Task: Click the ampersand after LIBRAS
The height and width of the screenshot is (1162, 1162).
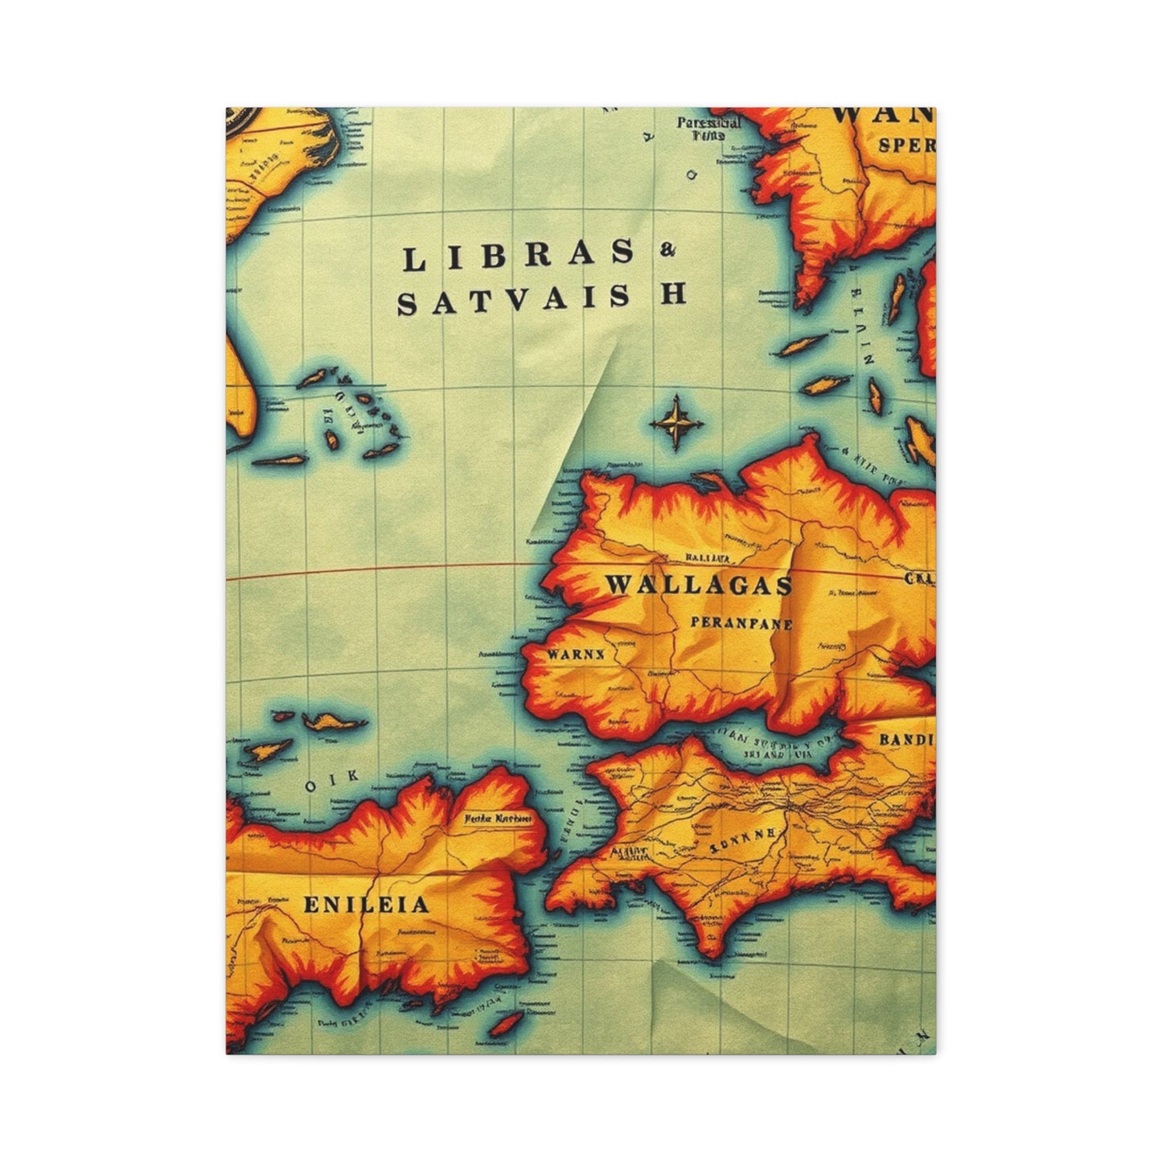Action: [667, 252]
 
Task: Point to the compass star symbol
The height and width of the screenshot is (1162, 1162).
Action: [677, 421]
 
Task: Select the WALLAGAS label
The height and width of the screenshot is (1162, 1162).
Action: [698, 585]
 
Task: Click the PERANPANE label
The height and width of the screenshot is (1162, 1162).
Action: [741, 623]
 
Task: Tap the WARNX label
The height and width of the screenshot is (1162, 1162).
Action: [575, 654]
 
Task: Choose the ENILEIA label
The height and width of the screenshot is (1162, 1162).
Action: [366, 905]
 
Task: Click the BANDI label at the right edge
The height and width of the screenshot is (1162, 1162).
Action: [907, 739]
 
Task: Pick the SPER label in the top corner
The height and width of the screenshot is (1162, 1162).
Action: [906, 146]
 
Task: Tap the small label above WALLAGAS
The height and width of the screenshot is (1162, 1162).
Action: [708, 556]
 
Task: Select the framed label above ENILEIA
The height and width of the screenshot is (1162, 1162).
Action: [499, 819]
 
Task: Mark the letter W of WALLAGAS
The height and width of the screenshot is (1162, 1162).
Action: [618, 585]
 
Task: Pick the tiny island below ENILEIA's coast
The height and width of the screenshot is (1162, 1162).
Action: [506, 1024]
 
